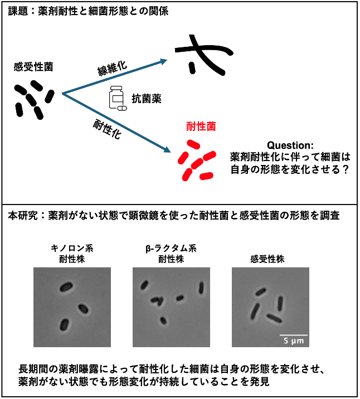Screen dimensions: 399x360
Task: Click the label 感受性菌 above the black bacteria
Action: [34, 67]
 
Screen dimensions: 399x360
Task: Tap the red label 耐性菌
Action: [201, 127]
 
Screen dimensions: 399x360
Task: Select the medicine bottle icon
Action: [116, 99]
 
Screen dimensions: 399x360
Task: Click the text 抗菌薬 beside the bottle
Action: [147, 99]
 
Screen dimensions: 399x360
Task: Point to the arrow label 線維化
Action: [112, 69]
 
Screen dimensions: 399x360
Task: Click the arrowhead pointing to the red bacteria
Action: [166, 150]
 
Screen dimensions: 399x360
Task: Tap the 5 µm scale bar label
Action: [290, 340]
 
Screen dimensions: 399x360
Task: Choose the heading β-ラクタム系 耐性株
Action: [171, 254]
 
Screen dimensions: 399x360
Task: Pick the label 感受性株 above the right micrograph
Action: [268, 259]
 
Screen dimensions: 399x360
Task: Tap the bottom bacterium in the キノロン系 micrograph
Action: [65, 324]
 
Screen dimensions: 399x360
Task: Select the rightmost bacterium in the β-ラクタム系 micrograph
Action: [201, 288]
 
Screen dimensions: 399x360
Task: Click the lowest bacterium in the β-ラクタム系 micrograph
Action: [163, 320]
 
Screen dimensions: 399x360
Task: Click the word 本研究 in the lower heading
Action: [21, 215]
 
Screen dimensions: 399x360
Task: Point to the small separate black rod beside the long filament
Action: [192, 67]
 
